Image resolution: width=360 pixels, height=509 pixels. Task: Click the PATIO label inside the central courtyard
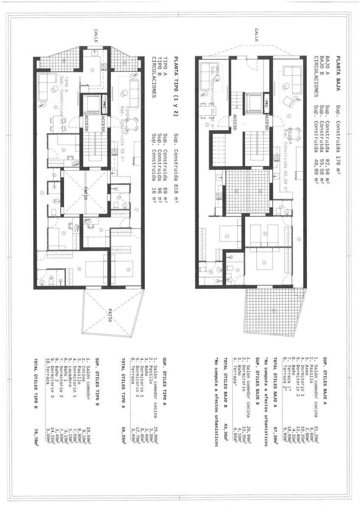(85, 193)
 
